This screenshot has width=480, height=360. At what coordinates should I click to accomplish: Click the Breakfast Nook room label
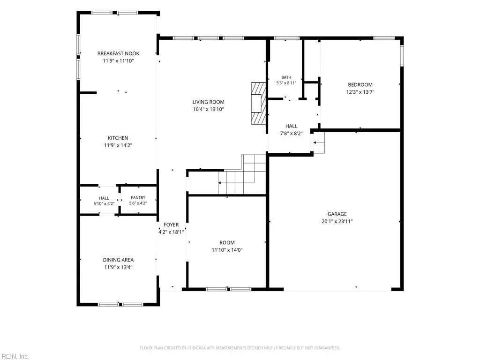(118, 53)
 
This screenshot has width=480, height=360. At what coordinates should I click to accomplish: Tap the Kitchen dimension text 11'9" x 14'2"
(118, 145)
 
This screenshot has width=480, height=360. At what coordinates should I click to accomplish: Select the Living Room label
(208, 102)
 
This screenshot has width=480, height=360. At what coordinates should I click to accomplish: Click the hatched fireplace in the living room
(258, 104)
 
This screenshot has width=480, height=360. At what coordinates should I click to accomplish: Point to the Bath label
(286, 77)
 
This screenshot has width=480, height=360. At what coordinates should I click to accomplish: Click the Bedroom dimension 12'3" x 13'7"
(360, 92)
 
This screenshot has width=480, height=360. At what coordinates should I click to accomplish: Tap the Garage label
(337, 214)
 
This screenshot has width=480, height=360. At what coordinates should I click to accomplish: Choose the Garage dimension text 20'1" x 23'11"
(337, 222)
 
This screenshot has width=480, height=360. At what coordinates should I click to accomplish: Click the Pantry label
(138, 198)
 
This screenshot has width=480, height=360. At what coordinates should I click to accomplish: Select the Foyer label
(171, 225)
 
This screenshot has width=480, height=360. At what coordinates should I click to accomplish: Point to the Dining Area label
(118, 260)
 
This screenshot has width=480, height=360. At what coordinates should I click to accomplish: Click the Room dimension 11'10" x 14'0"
(227, 250)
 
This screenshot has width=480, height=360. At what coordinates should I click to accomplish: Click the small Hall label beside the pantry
(104, 198)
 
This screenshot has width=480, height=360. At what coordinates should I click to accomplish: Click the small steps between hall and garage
(319, 142)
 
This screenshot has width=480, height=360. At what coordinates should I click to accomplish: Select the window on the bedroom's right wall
(402, 55)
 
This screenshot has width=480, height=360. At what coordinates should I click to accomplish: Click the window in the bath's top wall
(286, 38)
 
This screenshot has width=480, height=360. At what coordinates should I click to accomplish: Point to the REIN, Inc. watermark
(15, 356)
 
